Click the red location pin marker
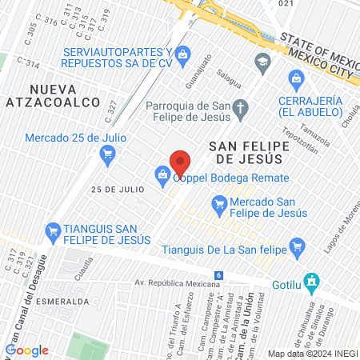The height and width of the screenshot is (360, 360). (x=180, y=162)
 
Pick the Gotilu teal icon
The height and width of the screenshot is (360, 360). (x=314, y=282)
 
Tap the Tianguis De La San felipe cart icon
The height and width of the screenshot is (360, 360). (x=297, y=246)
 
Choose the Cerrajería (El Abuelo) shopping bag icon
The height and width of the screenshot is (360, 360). (x=297, y=78)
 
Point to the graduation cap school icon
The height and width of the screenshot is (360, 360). (x=262, y=61)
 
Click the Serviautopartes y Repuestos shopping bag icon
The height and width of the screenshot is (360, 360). (x=183, y=53)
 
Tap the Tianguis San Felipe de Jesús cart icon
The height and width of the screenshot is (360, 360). (x=54, y=230)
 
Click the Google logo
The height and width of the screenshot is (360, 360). (x=27, y=350)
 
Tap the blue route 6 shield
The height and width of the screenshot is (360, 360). (x=219, y=275)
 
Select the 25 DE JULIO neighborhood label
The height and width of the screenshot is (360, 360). (x=118, y=190)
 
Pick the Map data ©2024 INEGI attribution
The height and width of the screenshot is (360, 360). (x=312, y=354)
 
